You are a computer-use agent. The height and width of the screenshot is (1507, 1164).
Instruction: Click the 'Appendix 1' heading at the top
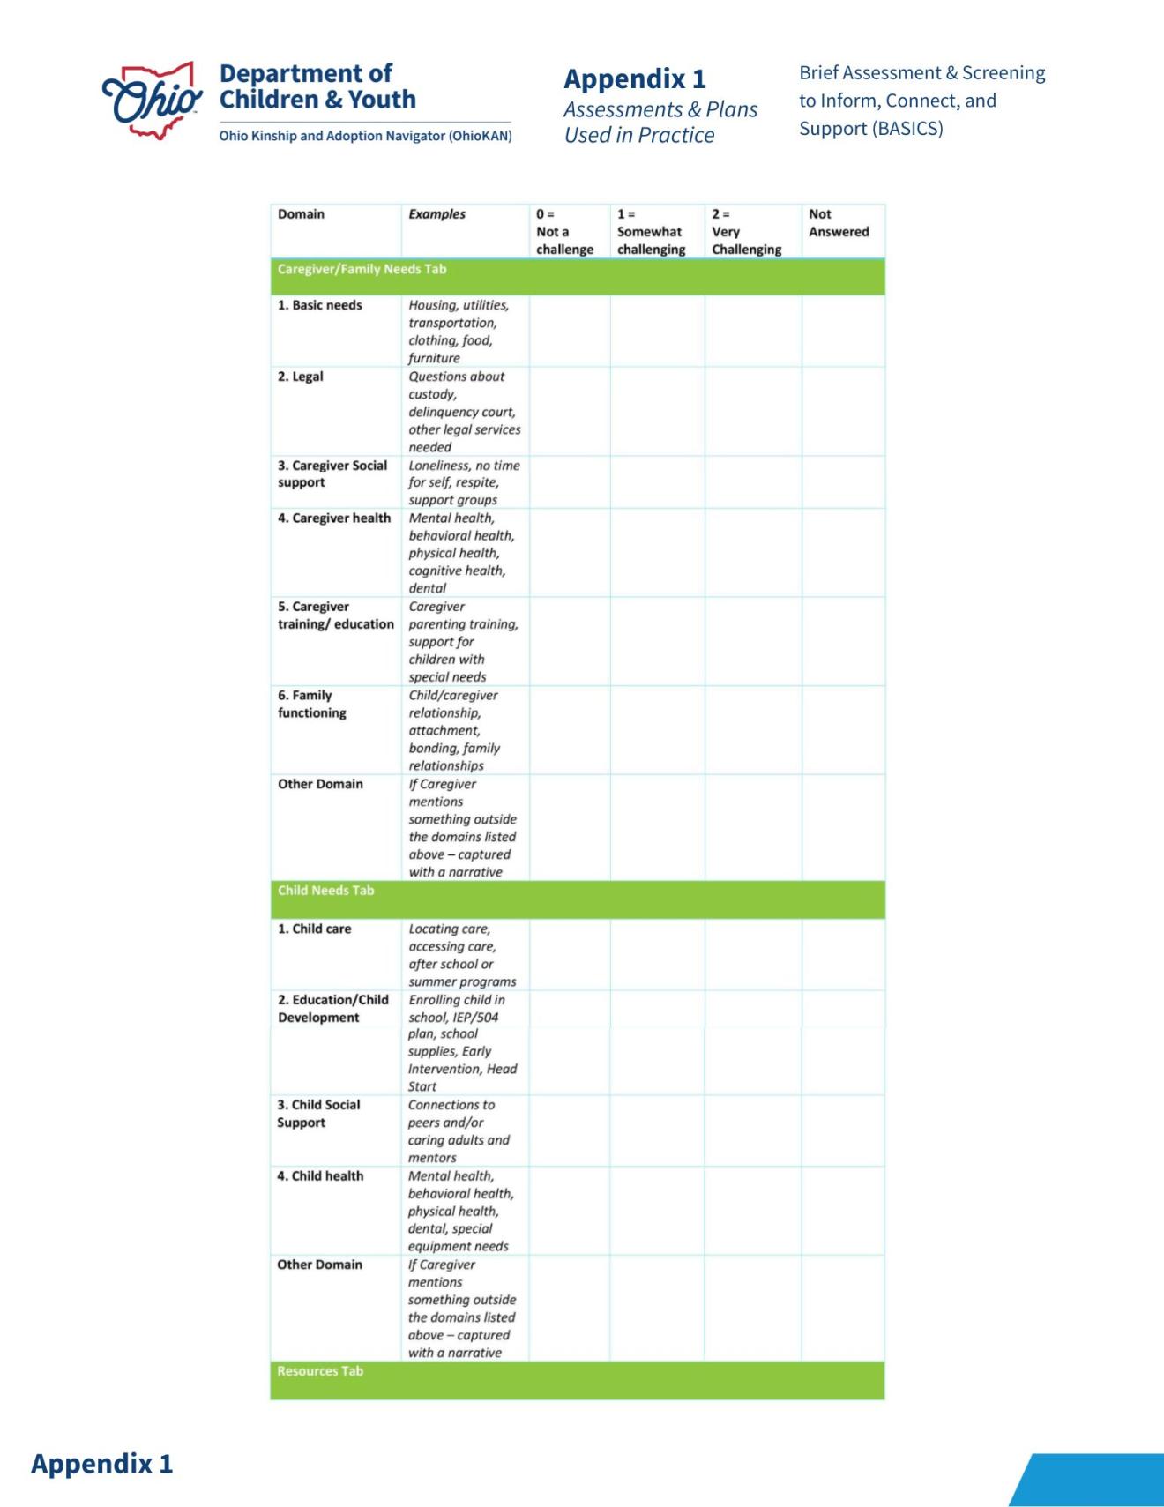tap(635, 79)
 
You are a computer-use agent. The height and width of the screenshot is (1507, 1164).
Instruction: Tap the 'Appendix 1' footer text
tap(102, 1464)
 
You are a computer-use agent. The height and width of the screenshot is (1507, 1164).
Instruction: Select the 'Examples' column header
tap(436, 214)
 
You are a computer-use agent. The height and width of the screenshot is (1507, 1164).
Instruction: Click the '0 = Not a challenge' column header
tap(564, 232)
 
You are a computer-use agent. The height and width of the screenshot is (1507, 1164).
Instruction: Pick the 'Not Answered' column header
tap(839, 223)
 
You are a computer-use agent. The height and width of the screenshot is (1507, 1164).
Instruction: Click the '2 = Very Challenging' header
tap(746, 232)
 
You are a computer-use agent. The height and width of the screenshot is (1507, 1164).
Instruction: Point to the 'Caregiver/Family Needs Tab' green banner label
tap(362, 269)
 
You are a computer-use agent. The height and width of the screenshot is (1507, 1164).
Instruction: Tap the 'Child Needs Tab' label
tap(325, 891)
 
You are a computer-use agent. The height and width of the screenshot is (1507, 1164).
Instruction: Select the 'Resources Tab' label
tap(320, 1371)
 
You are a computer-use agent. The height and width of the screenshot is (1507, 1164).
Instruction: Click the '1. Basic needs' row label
tap(319, 305)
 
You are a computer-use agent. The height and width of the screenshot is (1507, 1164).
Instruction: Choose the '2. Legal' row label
tap(301, 377)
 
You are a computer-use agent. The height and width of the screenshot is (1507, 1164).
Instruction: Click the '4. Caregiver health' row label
tap(333, 518)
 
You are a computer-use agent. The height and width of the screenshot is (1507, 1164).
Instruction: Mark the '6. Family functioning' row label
tap(312, 704)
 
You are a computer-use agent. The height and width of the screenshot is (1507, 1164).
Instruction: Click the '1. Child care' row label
tap(314, 929)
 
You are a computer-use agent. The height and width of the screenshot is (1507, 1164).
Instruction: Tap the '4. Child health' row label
tap(320, 1176)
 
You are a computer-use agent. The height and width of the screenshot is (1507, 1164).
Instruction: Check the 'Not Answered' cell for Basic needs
tap(843, 331)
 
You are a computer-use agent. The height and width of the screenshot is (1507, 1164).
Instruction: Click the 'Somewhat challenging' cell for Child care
tap(657, 954)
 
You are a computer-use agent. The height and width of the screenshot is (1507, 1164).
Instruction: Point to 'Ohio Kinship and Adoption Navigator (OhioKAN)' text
tap(365, 136)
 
